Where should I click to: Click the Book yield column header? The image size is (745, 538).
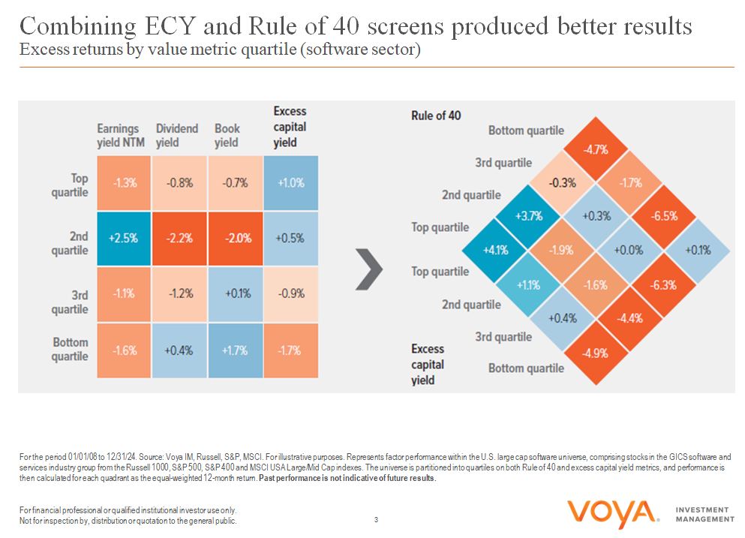(x=227, y=136)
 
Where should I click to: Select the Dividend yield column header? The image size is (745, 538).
(x=177, y=136)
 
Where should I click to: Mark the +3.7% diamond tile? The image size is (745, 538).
(x=529, y=217)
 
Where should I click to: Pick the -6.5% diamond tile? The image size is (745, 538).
(x=665, y=217)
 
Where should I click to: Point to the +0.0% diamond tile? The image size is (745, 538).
(x=631, y=251)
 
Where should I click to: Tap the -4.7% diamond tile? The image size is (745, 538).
(x=597, y=149)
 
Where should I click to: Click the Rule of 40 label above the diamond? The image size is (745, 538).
(x=436, y=116)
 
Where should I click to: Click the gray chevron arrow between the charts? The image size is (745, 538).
(x=368, y=268)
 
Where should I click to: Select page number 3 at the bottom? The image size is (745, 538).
(x=376, y=519)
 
